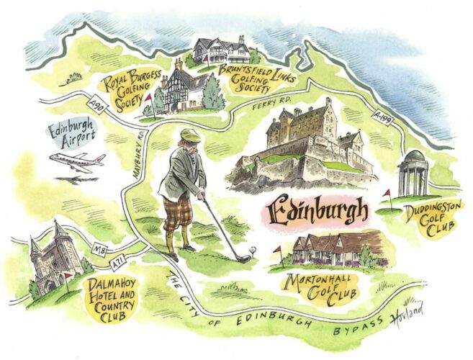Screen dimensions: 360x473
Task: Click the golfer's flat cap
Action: [x=189, y=135]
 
